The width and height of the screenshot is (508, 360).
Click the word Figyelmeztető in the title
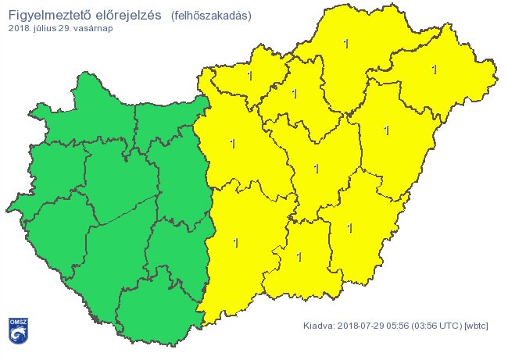tap(47, 16)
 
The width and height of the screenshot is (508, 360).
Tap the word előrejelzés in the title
tap(123, 16)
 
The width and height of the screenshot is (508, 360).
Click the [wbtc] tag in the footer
tap(476, 326)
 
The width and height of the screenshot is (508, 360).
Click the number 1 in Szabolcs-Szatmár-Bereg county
tap(434, 70)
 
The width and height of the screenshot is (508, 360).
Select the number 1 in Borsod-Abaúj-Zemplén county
tap(346, 44)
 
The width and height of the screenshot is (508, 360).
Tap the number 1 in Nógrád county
tap(249, 76)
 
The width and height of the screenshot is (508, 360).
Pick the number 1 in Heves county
tap(294, 94)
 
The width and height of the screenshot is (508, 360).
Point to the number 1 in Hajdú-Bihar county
tap(386, 130)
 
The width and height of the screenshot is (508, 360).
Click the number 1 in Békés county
tap(349, 228)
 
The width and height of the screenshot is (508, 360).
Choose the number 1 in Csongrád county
tap(299, 255)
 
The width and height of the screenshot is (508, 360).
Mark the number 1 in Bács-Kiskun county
tap(235, 243)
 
